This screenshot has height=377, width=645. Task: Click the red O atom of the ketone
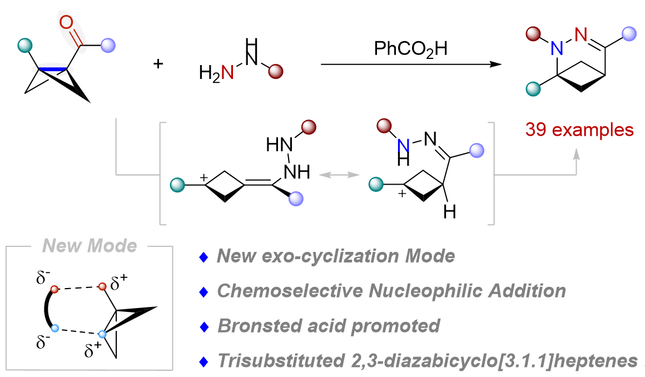[66, 23]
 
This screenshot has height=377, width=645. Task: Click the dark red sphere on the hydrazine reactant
[276, 71]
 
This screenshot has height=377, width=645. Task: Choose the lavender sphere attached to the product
[629, 34]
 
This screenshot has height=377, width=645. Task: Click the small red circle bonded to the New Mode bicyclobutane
[102, 287]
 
